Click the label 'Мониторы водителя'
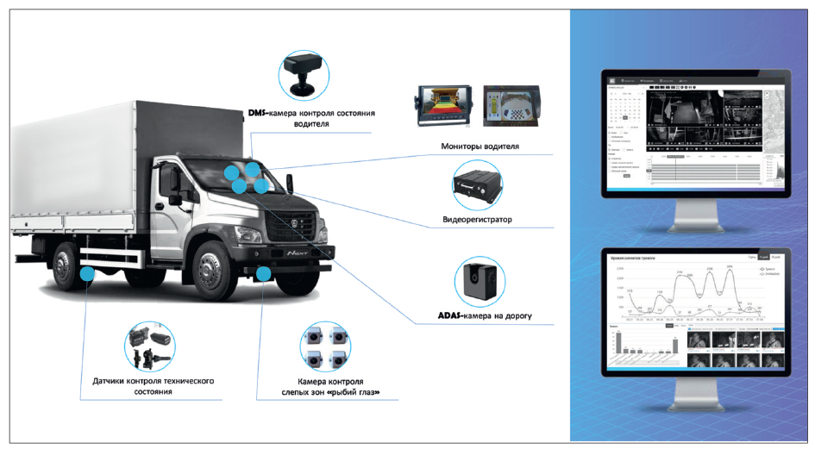pos(480,147)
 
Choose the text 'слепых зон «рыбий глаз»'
pos(323,394)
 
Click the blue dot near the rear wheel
pos(88,273)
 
